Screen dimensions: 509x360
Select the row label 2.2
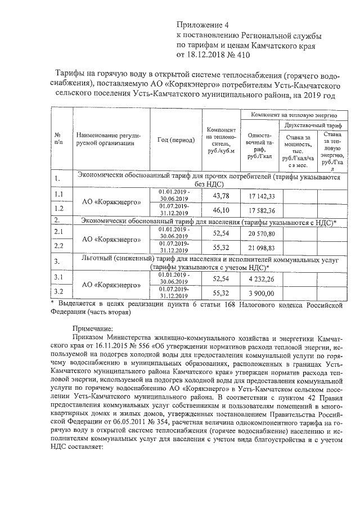pos(58,246)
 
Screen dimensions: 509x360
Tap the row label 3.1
pos(58,278)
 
